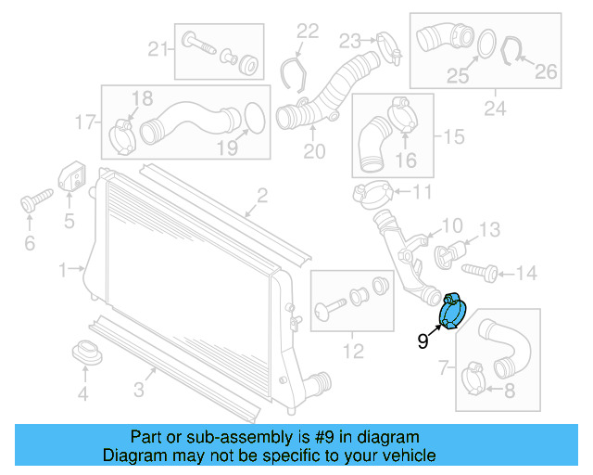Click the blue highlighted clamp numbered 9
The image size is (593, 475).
point(455,313)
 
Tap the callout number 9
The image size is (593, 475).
point(423,342)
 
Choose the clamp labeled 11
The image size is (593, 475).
point(372,194)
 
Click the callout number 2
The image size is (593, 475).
point(262,195)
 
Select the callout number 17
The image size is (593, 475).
point(85,122)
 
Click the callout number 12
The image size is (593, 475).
point(353,352)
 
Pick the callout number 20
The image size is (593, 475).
point(315,151)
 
